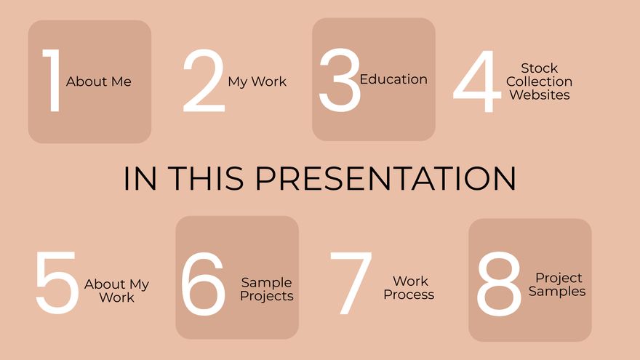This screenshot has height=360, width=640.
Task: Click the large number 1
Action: point(52,81)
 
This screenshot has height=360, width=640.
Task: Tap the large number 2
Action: point(204,81)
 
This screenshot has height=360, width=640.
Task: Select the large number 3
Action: point(340,80)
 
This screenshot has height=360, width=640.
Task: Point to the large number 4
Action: point(477,81)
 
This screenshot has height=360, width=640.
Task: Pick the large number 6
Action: point(203,284)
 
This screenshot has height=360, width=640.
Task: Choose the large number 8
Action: point(499,284)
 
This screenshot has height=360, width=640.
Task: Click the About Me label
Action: point(99,81)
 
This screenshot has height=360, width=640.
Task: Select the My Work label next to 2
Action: point(257,81)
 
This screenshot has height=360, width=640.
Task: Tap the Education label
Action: point(393,79)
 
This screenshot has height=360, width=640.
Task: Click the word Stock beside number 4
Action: point(540,68)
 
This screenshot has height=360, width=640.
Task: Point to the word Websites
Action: point(540,95)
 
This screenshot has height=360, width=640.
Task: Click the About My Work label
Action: point(116,290)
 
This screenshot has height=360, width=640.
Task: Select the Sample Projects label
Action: point(267,289)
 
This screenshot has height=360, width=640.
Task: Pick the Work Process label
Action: point(409,288)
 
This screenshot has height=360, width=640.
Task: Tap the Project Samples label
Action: point(558,284)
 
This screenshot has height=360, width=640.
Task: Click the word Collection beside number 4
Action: point(540,81)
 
